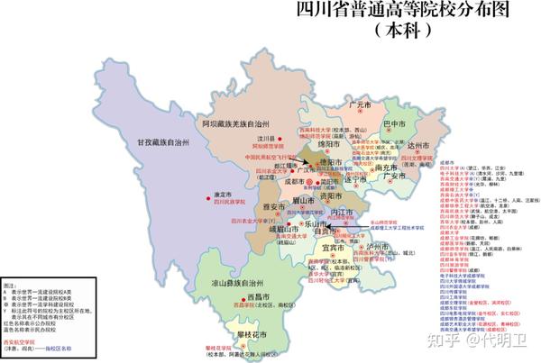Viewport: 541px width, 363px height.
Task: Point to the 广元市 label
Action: [x=360, y=105]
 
